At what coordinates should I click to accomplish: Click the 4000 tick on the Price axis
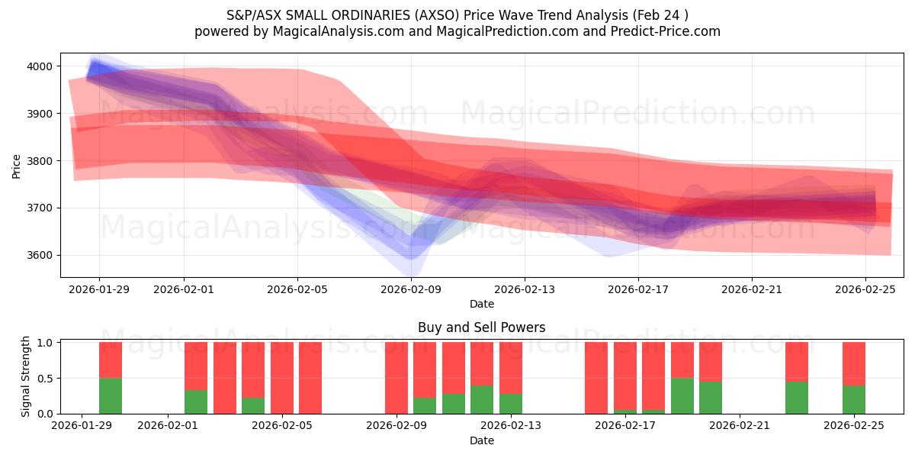pyautogui.click(x=39, y=66)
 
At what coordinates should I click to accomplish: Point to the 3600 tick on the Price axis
pyautogui.click(x=39, y=255)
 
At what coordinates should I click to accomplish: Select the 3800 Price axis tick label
pyautogui.click(x=39, y=161)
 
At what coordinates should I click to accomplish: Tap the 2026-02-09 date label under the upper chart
pyautogui.click(x=411, y=289)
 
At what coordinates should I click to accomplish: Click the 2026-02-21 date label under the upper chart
pyautogui.click(x=752, y=289)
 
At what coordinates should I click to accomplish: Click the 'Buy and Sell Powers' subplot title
pyautogui.click(x=481, y=327)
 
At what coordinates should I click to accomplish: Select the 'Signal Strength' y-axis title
pyautogui.click(x=26, y=376)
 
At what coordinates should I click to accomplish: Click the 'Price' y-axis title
pyautogui.click(x=17, y=166)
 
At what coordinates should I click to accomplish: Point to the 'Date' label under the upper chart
pyautogui.click(x=481, y=304)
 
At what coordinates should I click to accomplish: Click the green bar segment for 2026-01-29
pyautogui.click(x=111, y=395)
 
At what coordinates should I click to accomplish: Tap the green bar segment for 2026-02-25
pyautogui.click(x=854, y=399)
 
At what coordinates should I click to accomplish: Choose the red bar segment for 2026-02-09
pyautogui.click(x=396, y=377)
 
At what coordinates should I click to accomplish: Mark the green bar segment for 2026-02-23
pyautogui.click(x=797, y=397)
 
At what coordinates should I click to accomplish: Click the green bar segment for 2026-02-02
pyautogui.click(x=196, y=402)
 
